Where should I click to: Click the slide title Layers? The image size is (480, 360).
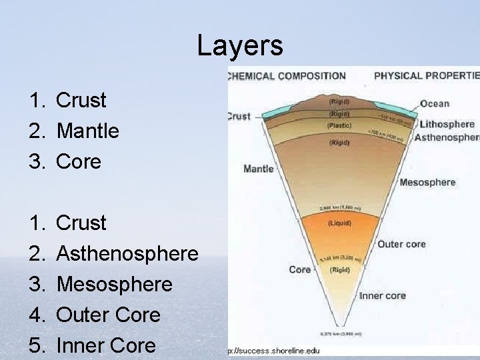tap(240, 46)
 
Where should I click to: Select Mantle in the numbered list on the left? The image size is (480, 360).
tap(87, 131)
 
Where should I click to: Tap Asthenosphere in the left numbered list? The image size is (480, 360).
tap(127, 253)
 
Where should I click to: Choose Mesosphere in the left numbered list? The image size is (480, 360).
tap(114, 284)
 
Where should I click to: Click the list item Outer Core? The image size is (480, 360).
tap(108, 315)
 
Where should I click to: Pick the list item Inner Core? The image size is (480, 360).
tap(106, 345)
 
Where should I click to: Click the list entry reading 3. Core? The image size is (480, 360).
tap(79, 161)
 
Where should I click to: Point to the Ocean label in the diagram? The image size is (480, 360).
tap(435, 103)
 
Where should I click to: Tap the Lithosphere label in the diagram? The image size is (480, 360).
tap(446, 124)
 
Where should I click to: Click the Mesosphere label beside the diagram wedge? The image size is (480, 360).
tap(427, 182)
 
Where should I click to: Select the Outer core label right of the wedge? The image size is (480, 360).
tap(401, 244)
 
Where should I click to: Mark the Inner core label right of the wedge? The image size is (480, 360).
tap(383, 295)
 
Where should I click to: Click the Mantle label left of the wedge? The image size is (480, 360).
tap(259, 169)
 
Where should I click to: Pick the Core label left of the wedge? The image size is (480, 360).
tap(300, 270)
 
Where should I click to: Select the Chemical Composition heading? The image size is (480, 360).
tap(287, 76)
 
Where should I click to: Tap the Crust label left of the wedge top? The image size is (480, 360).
tap(239, 116)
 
